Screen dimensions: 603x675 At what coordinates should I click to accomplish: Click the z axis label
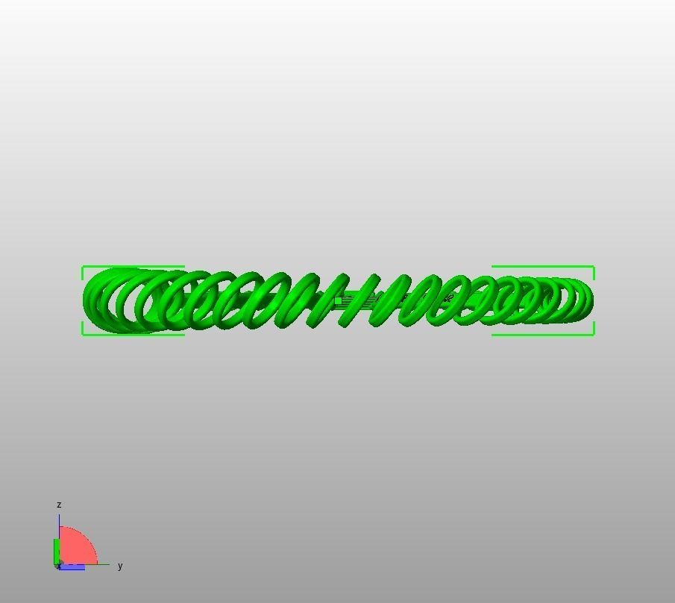[x=59, y=505]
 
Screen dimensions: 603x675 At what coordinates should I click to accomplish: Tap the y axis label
[x=120, y=566]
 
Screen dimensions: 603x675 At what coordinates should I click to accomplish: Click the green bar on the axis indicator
[x=56, y=552]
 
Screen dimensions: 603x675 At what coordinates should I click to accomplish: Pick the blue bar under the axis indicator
[x=72, y=567]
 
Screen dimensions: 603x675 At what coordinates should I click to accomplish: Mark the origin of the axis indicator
[x=59, y=565]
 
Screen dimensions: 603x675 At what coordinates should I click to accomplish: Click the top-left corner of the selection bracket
[x=83, y=267]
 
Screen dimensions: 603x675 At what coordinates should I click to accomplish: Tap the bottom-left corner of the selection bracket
[x=83, y=334]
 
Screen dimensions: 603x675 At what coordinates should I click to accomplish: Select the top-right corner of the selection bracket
[x=594, y=267]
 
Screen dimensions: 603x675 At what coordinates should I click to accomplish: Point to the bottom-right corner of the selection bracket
[x=594, y=334]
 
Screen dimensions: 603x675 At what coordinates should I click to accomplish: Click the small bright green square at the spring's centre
[x=338, y=301]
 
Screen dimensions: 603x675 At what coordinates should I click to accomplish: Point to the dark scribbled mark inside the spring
[x=448, y=299]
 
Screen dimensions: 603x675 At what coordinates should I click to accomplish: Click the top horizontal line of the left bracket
[x=134, y=267]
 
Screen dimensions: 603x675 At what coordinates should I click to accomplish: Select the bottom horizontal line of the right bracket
[x=543, y=335]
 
